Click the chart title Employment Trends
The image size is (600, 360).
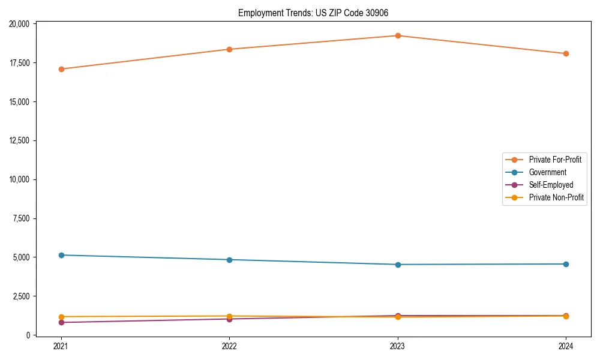coord(317,13)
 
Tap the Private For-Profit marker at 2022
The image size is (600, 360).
coord(229,49)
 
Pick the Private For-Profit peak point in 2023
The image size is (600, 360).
coord(398,35)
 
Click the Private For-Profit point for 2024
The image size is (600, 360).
coord(566,53)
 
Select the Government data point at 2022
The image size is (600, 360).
coord(229,260)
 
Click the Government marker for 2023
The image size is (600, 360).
coord(398,265)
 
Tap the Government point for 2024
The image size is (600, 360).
coord(566,264)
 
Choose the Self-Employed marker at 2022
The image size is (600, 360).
coord(229,319)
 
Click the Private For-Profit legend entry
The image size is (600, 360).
coord(555,160)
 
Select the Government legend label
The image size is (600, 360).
coord(547,172)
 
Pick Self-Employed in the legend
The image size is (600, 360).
coord(551,185)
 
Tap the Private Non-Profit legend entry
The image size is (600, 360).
coord(556,197)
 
